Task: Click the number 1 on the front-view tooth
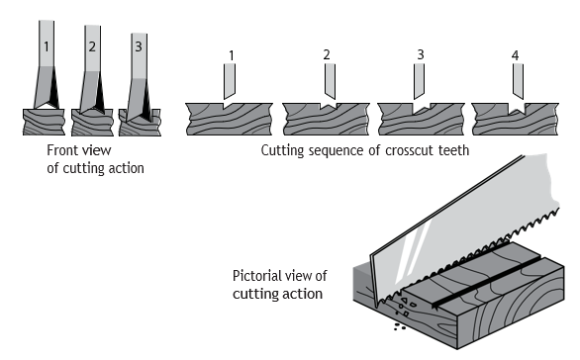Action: (x=47, y=46)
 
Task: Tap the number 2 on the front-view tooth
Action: (x=92, y=46)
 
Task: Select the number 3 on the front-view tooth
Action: (x=139, y=46)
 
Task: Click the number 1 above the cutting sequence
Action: (x=232, y=55)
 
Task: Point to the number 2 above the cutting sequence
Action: (x=327, y=54)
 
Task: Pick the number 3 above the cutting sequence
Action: (x=421, y=54)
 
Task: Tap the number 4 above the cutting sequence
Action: (x=516, y=55)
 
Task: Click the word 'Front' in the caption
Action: (x=61, y=150)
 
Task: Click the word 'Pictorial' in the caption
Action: (x=254, y=276)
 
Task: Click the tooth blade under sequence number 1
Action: (x=230, y=81)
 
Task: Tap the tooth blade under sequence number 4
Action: (x=519, y=81)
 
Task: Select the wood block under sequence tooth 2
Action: (x=326, y=119)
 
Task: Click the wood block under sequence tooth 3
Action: (x=421, y=119)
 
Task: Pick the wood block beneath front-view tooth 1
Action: (x=44, y=122)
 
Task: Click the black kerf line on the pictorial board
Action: (x=486, y=282)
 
